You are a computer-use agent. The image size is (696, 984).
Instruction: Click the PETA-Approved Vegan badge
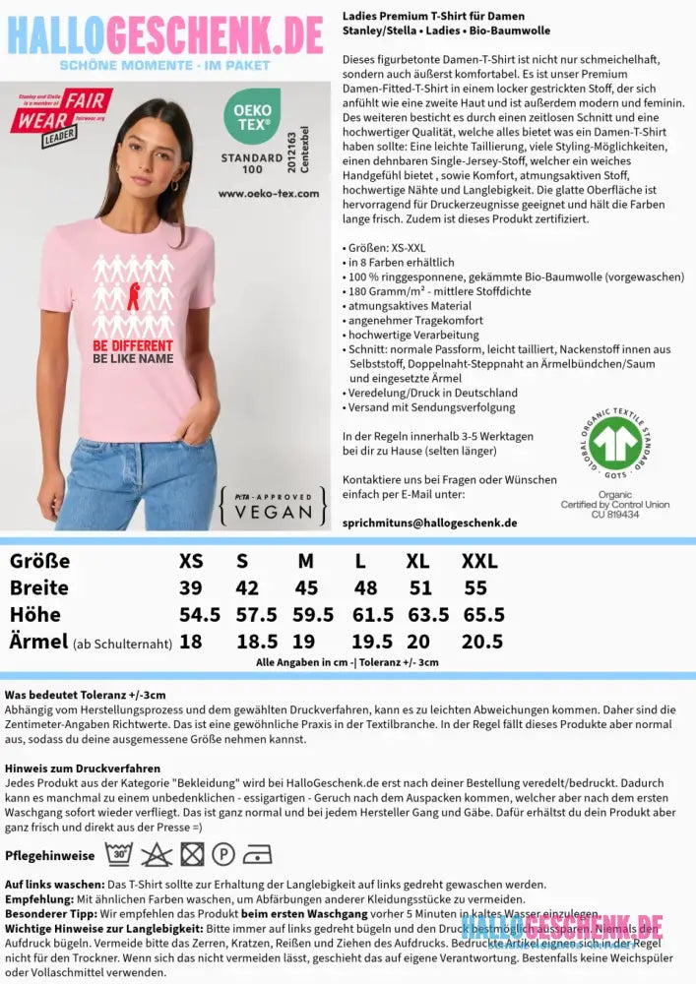pyautogui.click(x=274, y=504)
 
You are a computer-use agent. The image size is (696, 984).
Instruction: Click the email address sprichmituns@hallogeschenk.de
pyautogui.click(x=429, y=523)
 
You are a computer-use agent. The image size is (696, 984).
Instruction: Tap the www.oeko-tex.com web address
pyautogui.click(x=269, y=194)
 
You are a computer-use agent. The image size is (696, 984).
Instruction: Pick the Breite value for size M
pyautogui.click(x=306, y=588)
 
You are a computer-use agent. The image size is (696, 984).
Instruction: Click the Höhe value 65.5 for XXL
pyautogui.click(x=483, y=615)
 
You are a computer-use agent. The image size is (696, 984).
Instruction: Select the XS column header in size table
pyautogui.click(x=191, y=562)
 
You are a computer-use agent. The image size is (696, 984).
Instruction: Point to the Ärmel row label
pyautogui.click(x=37, y=642)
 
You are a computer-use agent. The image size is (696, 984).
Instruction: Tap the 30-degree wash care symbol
pyautogui.click(x=119, y=853)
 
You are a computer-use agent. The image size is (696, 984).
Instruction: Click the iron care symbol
pyautogui.click(x=257, y=853)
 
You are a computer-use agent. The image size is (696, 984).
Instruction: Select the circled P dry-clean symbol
pyautogui.click(x=223, y=853)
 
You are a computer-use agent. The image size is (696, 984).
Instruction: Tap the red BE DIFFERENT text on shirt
pyautogui.click(x=132, y=346)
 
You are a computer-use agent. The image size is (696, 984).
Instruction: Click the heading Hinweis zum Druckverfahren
pyautogui.click(x=82, y=768)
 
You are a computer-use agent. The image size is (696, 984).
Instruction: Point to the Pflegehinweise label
pyautogui.click(x=49, y=855)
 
